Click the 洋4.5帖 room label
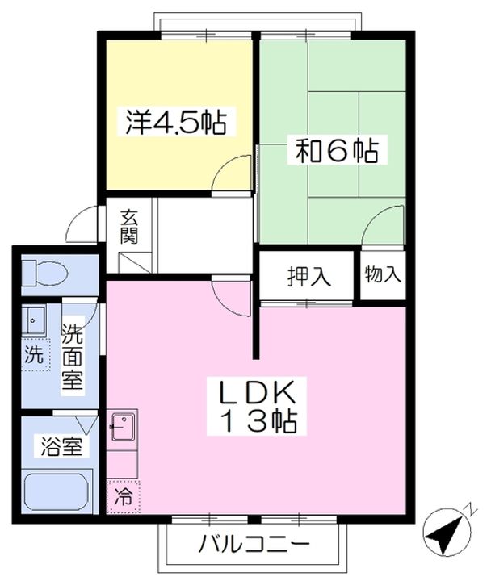coord(175,123)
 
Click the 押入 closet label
coord(308,276)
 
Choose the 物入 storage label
coord(383,274)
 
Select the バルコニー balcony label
coord(254,545)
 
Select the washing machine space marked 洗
coord(33,353)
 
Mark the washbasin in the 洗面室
coord(35,321)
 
